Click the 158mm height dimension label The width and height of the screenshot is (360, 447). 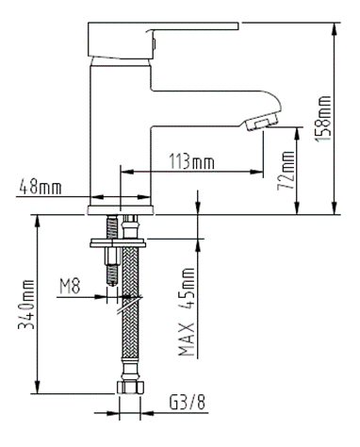(x=325, y=115)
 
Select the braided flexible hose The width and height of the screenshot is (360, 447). (x=130, y=321)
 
